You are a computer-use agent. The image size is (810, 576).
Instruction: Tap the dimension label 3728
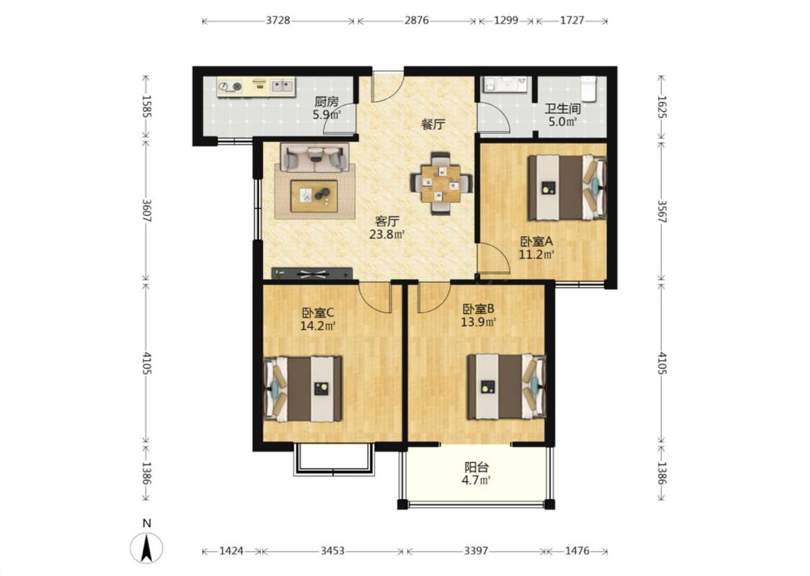(x=278, y=21)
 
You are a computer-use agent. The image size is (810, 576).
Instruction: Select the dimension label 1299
(x=505, y=21)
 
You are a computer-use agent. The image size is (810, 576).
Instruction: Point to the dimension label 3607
(x=146, y=211)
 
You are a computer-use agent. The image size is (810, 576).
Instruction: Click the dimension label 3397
(x=476, y=551)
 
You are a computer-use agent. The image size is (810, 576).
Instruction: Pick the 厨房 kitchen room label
(x=326, y=102)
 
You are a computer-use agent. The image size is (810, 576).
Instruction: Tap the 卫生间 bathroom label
(x=562, y=109)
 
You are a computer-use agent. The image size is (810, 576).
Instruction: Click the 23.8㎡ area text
(x=387, y=235)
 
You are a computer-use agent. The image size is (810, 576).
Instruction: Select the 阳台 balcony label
(x=477, y=467)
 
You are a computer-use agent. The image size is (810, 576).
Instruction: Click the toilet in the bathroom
(x=588, y=88)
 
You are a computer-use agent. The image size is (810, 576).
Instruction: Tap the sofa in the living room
(x=315, y=157)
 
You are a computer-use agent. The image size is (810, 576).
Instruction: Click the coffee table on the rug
(x=314, y=196)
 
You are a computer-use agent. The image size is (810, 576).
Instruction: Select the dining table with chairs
(x=440, y=184)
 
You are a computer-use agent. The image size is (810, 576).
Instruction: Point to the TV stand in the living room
(x=312, y=274)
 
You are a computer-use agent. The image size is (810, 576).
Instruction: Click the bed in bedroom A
(x=567, y=187)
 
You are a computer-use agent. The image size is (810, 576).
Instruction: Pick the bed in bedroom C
(x=302, y=389)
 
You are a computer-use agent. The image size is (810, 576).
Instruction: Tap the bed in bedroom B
(x=507, y=387)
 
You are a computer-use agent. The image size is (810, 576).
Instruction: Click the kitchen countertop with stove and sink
(x=256, y=87)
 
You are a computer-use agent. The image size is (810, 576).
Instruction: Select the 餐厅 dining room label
(x=433, y=124)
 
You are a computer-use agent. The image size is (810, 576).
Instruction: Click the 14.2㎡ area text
(x=318, y=326)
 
